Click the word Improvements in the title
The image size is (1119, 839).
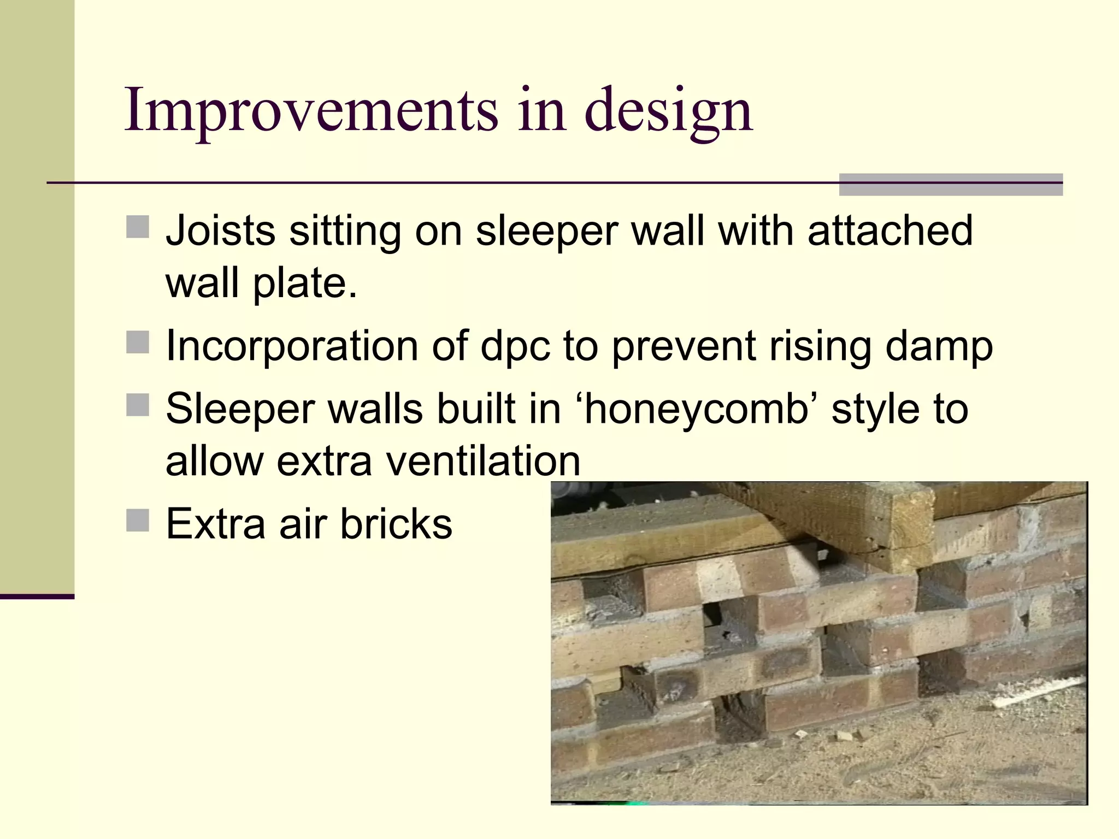coord(311,111)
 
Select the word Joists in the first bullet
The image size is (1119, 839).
coord(221,231)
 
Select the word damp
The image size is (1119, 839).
coord(938,347)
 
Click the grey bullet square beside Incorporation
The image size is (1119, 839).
coord(138,342)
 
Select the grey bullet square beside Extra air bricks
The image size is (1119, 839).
coord(138,520)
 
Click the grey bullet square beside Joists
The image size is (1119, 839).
coord(138,227)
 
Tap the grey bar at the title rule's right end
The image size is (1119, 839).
coord(950,185)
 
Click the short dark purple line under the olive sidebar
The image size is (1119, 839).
coord(37,596)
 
